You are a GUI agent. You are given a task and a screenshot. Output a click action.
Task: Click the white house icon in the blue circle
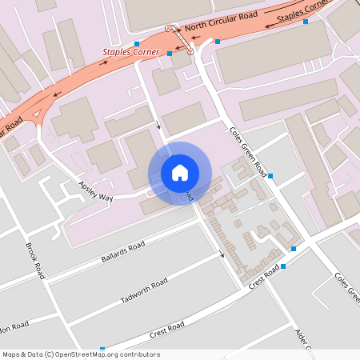coord(180,173)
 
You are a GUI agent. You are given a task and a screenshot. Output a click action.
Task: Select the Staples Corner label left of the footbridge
coord(131,54)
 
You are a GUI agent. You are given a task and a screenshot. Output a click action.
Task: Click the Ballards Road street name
coord(122,252)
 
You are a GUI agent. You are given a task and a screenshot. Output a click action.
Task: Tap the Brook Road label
coord(35,261)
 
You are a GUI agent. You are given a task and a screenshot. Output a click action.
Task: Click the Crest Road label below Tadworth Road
coord(166,328)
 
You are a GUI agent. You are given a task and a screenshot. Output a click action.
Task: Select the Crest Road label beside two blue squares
coord(265,278)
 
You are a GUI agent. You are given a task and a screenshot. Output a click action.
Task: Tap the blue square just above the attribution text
coord(102,349)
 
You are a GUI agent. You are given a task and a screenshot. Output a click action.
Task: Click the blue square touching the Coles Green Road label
coord(270,175)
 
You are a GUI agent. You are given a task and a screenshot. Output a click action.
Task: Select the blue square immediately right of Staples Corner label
coord(170,54)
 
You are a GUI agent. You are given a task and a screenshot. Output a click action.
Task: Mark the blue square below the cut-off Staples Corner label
coord(306,22)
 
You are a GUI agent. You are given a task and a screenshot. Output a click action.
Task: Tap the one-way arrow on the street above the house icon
coord(158,126)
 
